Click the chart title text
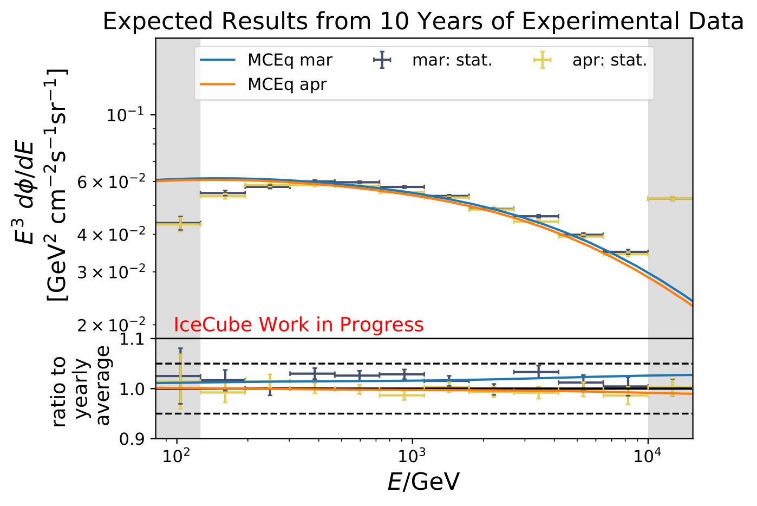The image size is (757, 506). coord(423,22)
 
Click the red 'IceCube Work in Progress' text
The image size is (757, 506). coord(298,325)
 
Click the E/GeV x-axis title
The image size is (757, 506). coord(423,482)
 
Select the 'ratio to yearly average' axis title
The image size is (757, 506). coord(81,389)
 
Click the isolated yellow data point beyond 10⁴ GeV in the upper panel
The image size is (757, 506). coord(673,199)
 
